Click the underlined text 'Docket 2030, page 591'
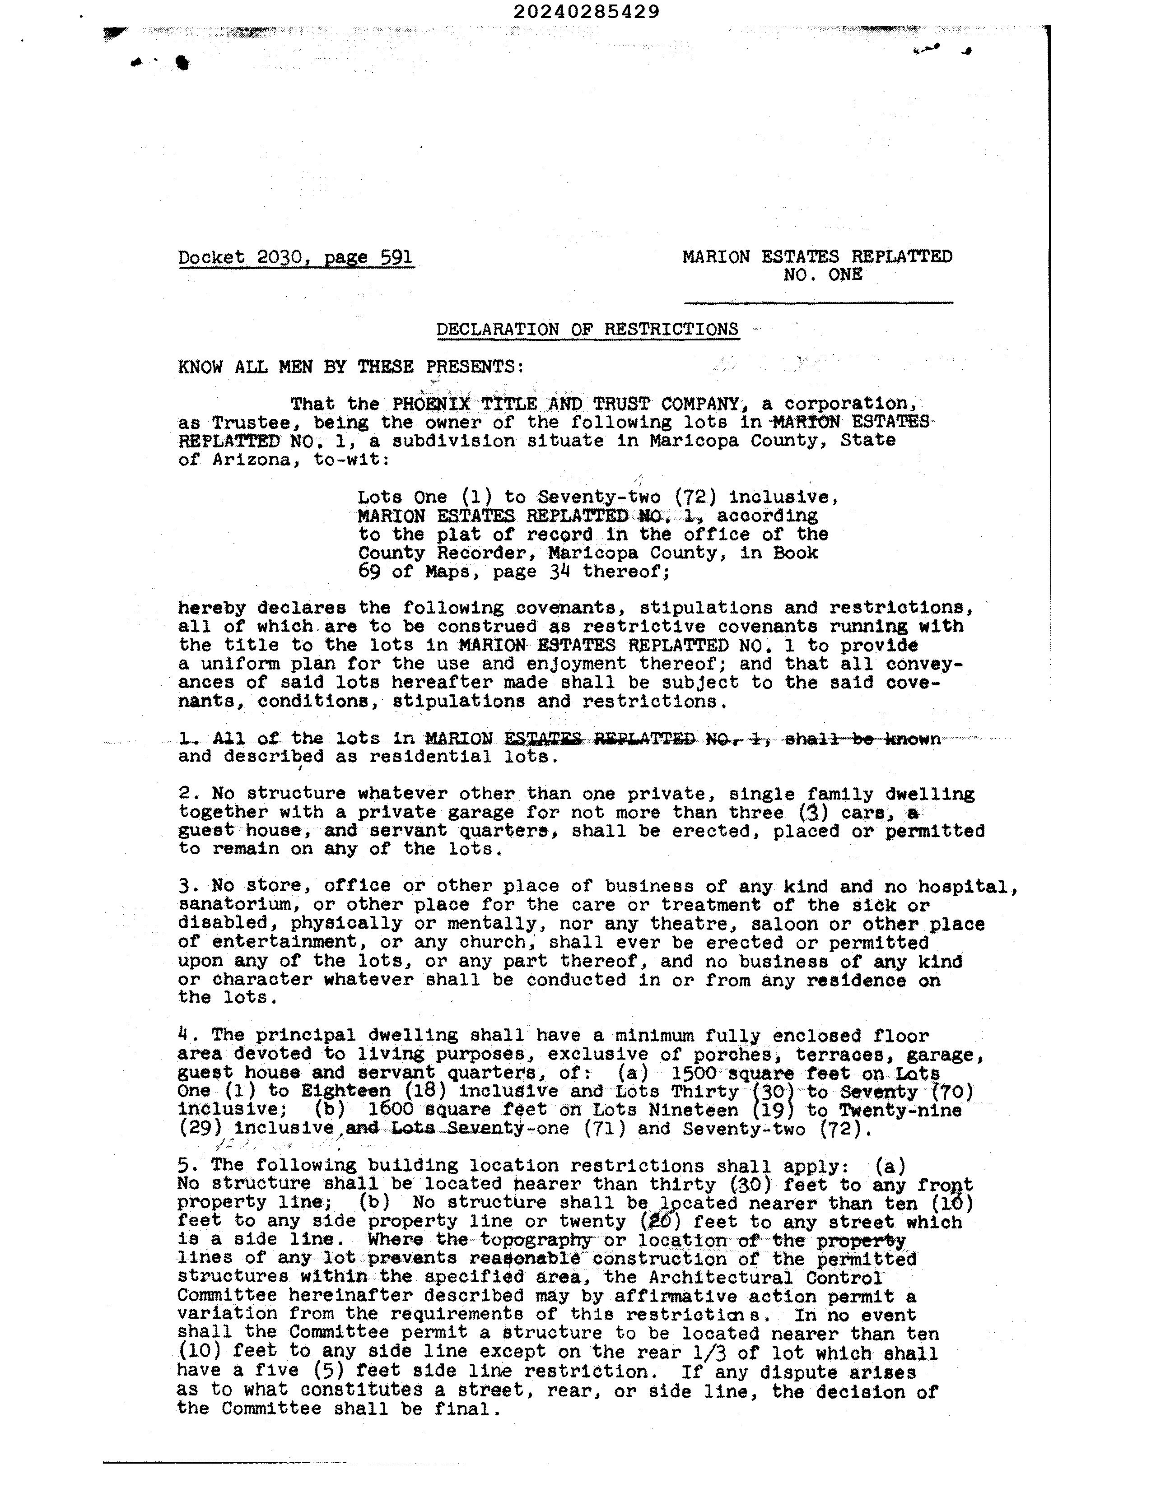[295, 257]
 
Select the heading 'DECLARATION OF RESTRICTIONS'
[587, 329]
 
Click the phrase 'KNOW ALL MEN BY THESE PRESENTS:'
[351, 367]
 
